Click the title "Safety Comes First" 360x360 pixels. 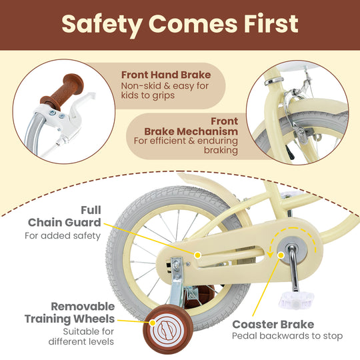point(179,23)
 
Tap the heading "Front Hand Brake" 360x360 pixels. point(165,75)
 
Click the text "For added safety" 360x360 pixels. point(63,235)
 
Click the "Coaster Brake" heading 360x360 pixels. point(273,324)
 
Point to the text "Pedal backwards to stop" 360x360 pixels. point(287,337)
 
